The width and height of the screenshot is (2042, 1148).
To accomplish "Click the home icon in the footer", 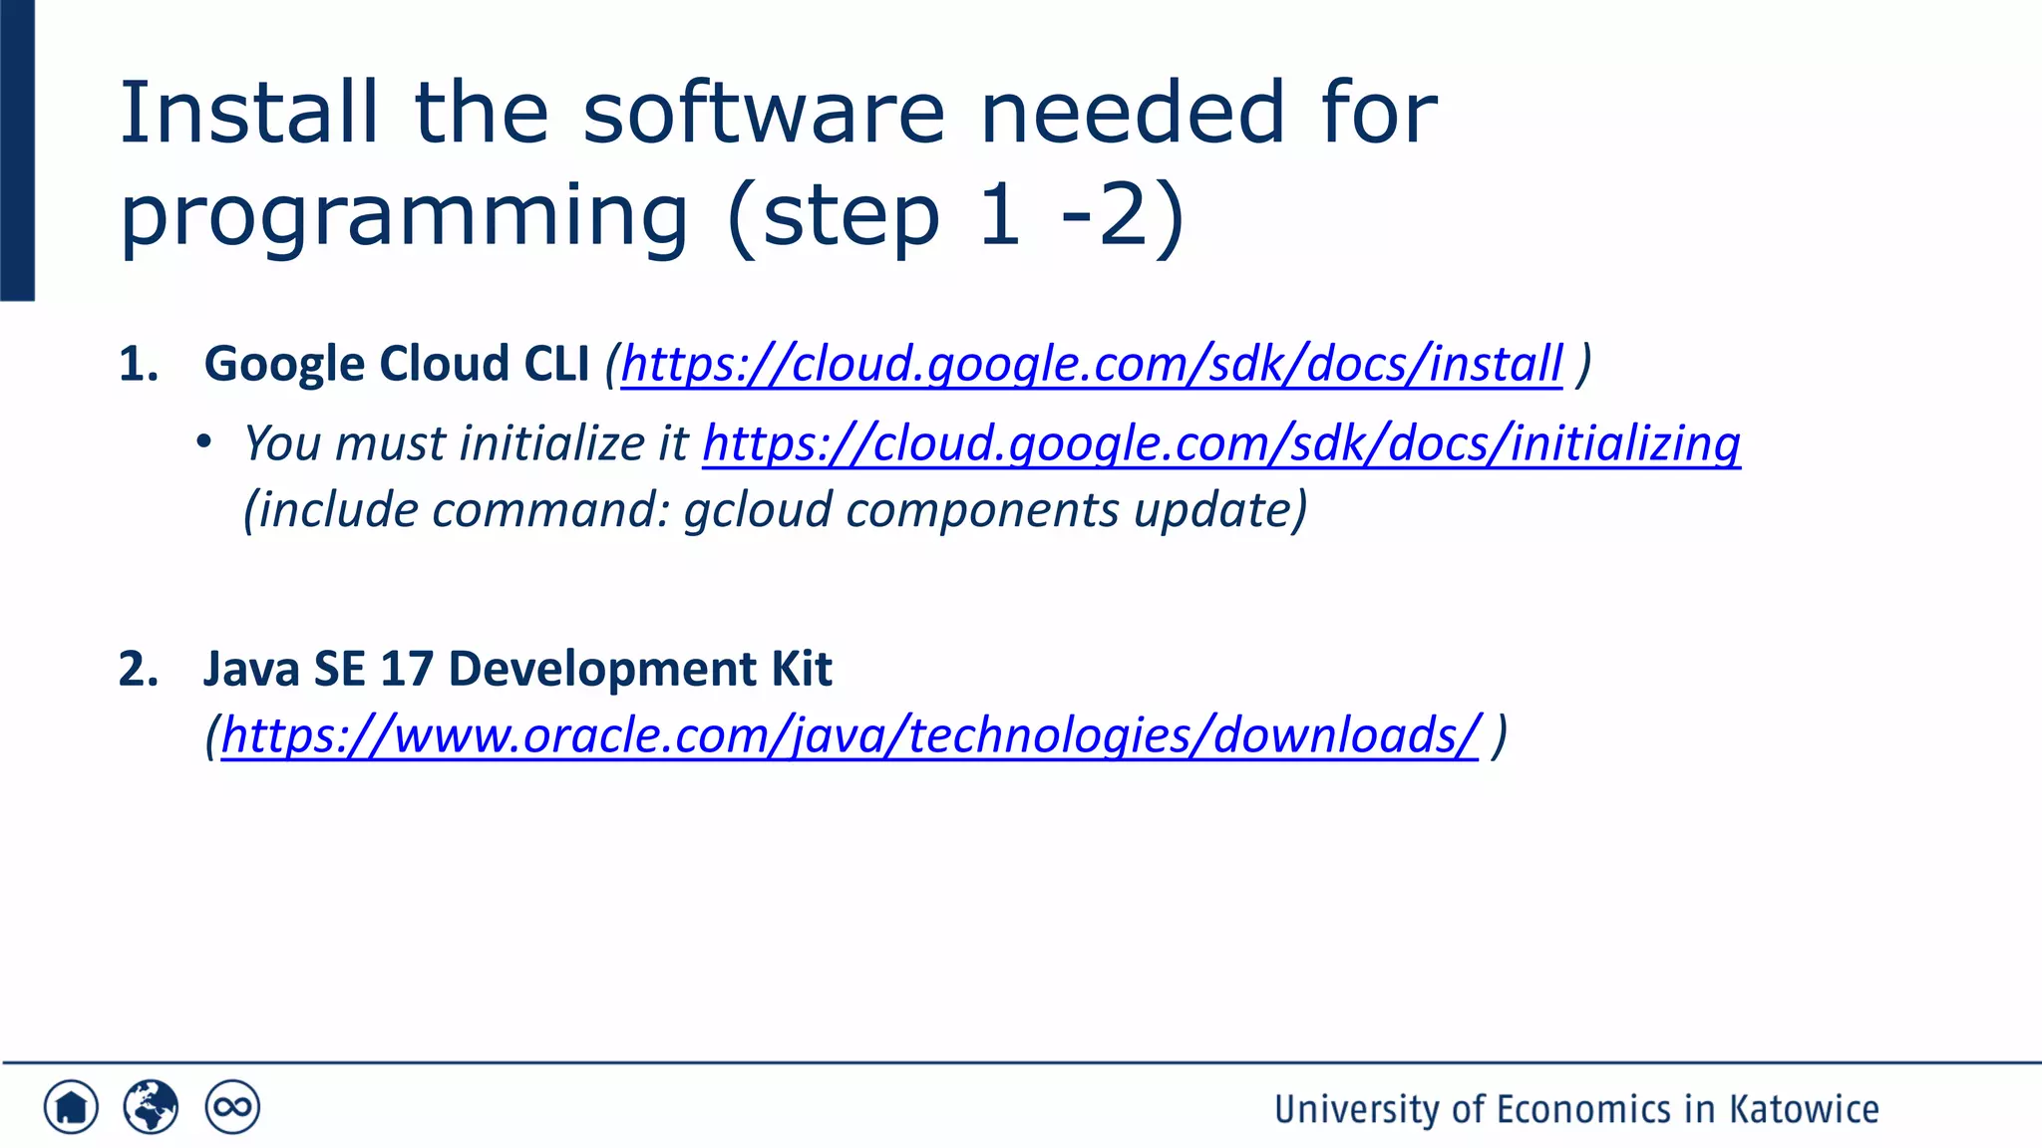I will [71, 1107].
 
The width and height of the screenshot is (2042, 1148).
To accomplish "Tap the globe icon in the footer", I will [151, 1107].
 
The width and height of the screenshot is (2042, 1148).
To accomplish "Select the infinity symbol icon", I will [232, 1107].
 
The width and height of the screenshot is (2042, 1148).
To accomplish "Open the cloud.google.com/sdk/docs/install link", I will [1091, 364].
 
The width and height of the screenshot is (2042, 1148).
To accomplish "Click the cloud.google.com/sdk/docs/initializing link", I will [1221, 443].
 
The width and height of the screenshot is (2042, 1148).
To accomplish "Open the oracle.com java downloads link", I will [850, 735].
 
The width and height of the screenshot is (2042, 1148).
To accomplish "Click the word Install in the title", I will [248, 113].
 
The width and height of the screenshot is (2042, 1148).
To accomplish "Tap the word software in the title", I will [763, 113].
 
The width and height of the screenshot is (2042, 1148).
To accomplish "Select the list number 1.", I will [138, 365].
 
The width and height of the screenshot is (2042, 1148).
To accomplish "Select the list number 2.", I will [138, 669].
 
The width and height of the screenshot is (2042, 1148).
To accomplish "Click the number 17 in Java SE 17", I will [406, 669].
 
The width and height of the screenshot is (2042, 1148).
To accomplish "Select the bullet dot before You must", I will [204, 441].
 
